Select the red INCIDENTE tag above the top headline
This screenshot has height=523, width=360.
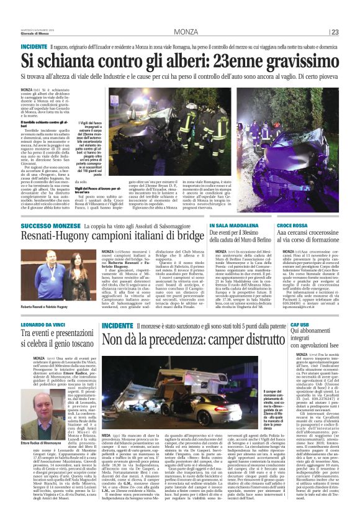click(x=34, y=47)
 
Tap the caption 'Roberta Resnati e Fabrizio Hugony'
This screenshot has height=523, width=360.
click(x=47, y=307)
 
